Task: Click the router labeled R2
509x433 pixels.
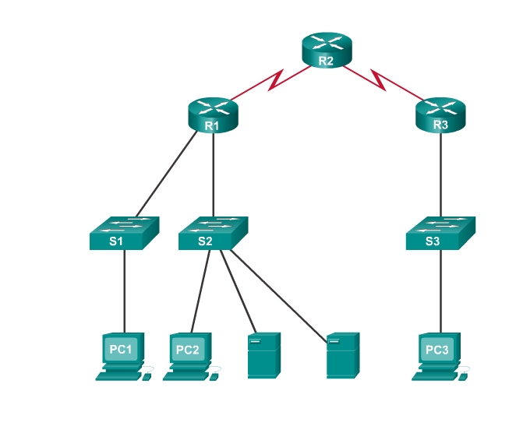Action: pos(327,50)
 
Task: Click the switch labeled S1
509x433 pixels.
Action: pos(125,233)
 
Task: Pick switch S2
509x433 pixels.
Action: pos(213,233)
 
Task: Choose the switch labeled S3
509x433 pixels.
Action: pos(440,233)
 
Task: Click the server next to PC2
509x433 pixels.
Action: pos(263,355)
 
